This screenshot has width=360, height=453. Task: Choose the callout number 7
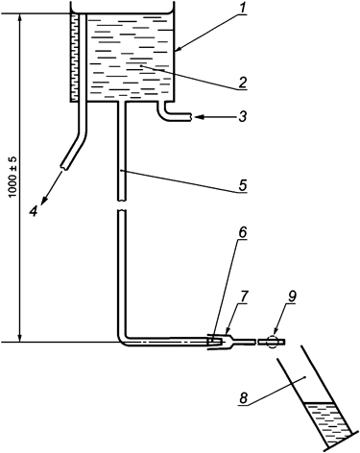point(245,299)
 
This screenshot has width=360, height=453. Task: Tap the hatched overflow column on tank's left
point(77,58)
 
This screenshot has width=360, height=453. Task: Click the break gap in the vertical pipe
point(122,205)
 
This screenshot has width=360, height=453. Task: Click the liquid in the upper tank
point(130,62)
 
